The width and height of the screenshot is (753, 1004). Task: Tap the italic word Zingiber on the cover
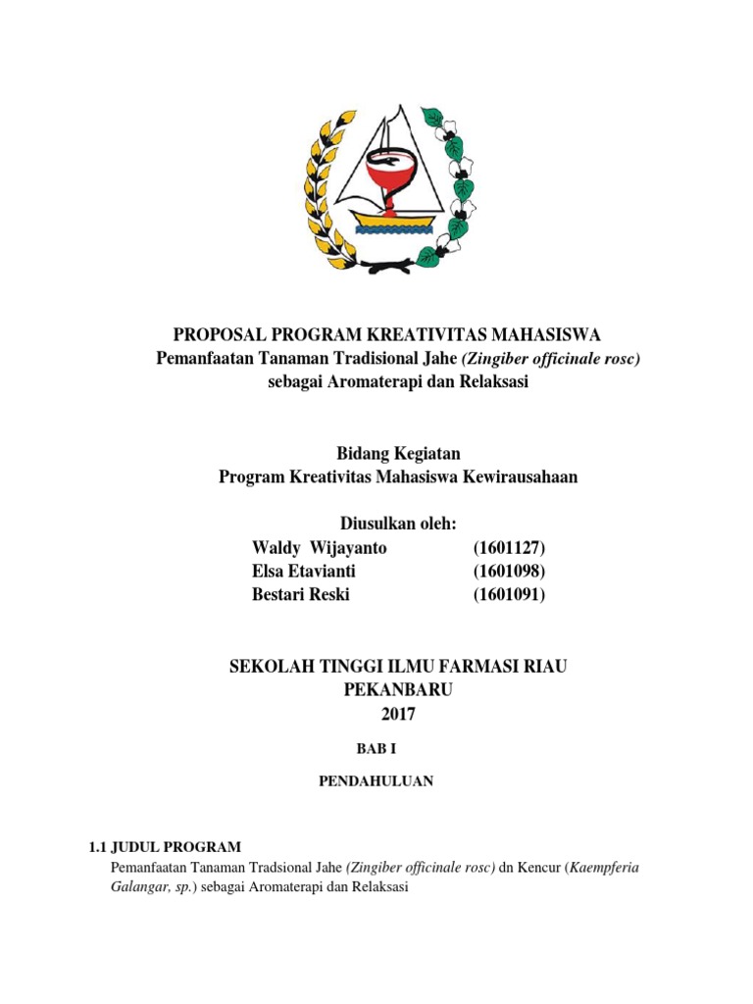(489, 359)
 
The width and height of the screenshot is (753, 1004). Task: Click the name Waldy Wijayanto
(320, 547)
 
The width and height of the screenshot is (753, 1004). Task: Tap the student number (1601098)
(509, 571)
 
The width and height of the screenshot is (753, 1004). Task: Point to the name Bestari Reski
(301, 594)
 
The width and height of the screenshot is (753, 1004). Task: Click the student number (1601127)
(509, 547)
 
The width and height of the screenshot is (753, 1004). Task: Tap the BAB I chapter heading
(377, 748)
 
